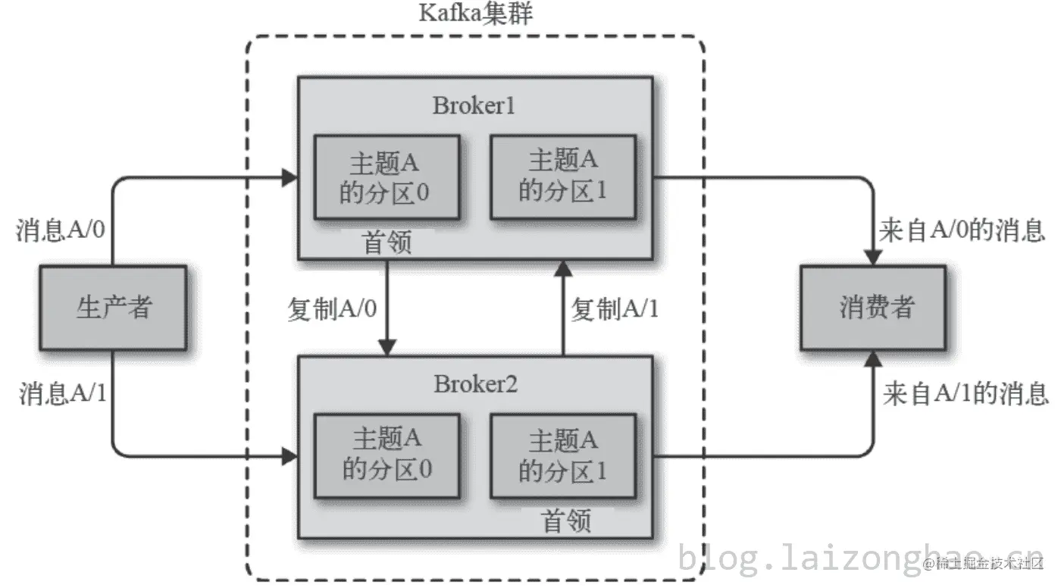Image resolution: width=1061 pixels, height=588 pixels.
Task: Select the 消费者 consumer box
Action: pyautogui.click(x=873, y=307)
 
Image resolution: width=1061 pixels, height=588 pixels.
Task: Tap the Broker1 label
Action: pyautogui.click(x=474, y=105)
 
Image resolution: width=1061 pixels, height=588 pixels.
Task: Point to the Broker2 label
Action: pyautogui.click(x=475, y=384)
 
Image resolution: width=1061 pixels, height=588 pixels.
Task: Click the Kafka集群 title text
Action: pyautogui.click(x=475, y=14)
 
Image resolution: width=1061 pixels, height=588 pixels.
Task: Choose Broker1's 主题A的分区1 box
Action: pyautogui.click(x=562, y=177)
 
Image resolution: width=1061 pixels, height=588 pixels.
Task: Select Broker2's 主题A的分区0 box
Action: pyautogui.click(x=387, y=455)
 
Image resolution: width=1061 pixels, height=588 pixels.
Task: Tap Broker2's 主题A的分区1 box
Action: pyautogui.click(x=562, y=455)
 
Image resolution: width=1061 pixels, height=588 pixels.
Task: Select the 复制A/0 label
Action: pyautogui.click(x=332, y=309)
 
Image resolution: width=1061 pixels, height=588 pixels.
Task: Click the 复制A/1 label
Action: pyautogui.click(x=615, y=309)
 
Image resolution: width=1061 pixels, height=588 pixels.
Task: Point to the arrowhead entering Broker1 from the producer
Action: pyautogui.click(x=289, y=178)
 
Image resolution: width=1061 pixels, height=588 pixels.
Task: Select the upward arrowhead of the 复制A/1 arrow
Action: pyautogui.click(x=562, y=267)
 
